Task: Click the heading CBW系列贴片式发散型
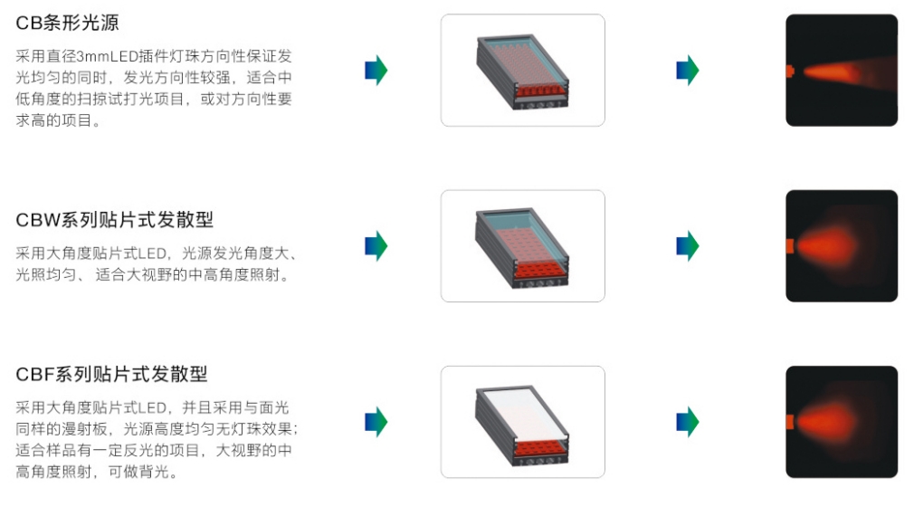[114, 221]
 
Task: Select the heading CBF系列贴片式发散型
[111, 374]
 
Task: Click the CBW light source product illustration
[522, 246]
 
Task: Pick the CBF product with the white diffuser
[522, 422]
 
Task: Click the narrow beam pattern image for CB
[841, 71]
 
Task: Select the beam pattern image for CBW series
[841, 246]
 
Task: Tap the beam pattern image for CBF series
[841, 422]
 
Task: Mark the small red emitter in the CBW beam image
[789, 246]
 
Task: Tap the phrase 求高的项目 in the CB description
[54, 121]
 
